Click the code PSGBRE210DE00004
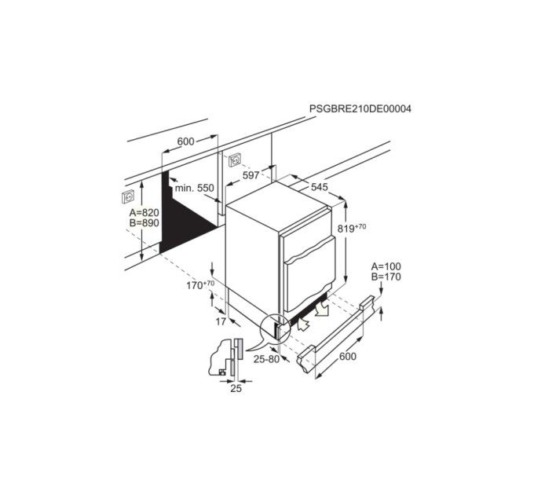click(x=360, y=108)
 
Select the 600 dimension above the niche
click(x=185, y=141)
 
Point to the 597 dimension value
click(x=251, y=175)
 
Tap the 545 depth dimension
click(x=320, y=187)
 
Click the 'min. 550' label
click(x=195, y=188)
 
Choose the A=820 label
click(x=144, y=213)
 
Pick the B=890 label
click(x=144, y=223)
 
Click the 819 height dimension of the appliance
click(x=352, y=229)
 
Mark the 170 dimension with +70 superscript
click(x=200, y=284)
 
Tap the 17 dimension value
click(x=221, y=321)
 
